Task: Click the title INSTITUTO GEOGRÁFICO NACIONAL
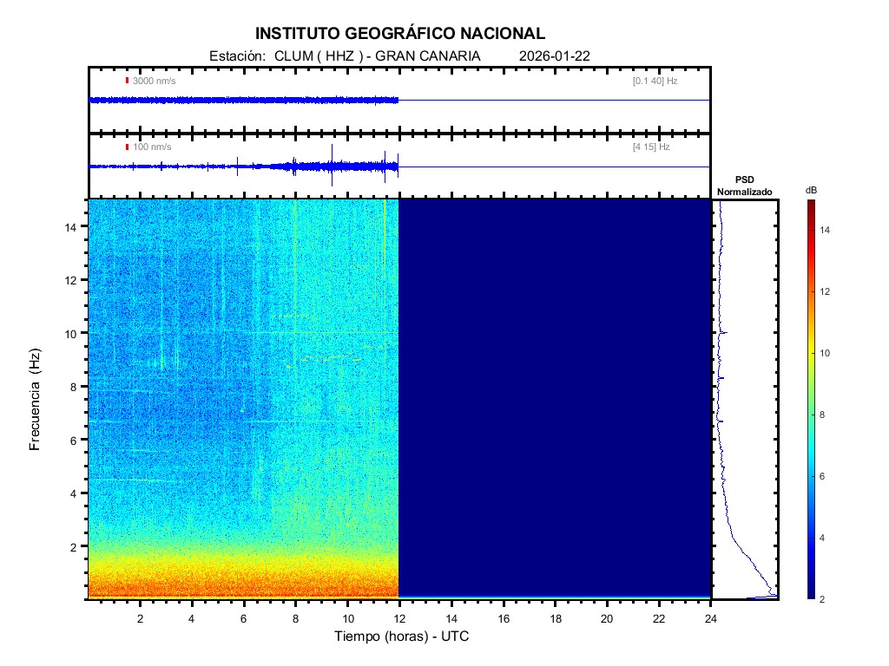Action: click(x=400, y=34)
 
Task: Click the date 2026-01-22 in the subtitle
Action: click(x=555, y=56)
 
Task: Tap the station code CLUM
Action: click(x=293, y=56)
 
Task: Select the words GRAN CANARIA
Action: click(x=438, y=56)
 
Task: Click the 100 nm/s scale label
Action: click(x=152, y=147)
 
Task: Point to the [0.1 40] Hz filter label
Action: click(x=655, y=81)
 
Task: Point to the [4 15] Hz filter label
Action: click(x=651, y=147)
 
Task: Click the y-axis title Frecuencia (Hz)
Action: click(x=36, y=400)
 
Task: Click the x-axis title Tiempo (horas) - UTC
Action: click(x=402, y=637)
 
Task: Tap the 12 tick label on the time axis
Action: click(x=399, y=618)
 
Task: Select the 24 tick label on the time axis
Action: click(x=711, y=618)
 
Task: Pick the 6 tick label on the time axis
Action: click(x=244, y=618)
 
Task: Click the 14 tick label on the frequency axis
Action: click(x=74, y=226)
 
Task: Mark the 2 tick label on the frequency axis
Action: click(x=76, y=546)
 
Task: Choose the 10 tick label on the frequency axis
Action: click(x=74, y=333)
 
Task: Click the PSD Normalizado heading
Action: click(x=744, y=186)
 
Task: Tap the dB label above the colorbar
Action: click(x=811, y=190)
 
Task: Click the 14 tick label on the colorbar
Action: click(x=827, y=230)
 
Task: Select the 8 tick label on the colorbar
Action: click(x=825, y=415)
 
